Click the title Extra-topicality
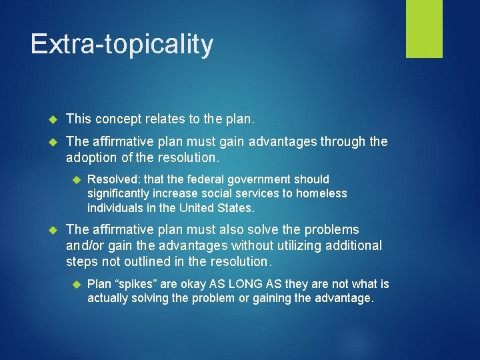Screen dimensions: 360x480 pyautogui.click(x=122, y=44)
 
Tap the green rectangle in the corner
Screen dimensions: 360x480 pyautogui.click(x=424, y=29)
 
